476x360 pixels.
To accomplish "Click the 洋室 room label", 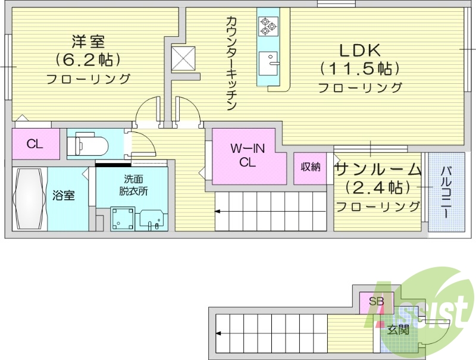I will (x=88, y=41).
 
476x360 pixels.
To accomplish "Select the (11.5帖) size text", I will (x=359, y=68).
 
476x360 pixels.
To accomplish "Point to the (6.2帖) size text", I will (x=88, y=60).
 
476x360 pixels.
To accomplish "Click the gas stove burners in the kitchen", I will (x=267, y=24).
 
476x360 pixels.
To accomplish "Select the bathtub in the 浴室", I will (x=29, y=199).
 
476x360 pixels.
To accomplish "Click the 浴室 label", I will (x=63, y=195).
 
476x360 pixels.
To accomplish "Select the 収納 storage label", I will (x=310, y=167).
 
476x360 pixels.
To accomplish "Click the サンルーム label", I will (x=378, y=170).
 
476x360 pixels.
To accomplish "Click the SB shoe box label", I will (x=376, y=300).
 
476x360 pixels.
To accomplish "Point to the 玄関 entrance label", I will (x=397, y=329).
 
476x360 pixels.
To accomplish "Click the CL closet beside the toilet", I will (x=35, y=143).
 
